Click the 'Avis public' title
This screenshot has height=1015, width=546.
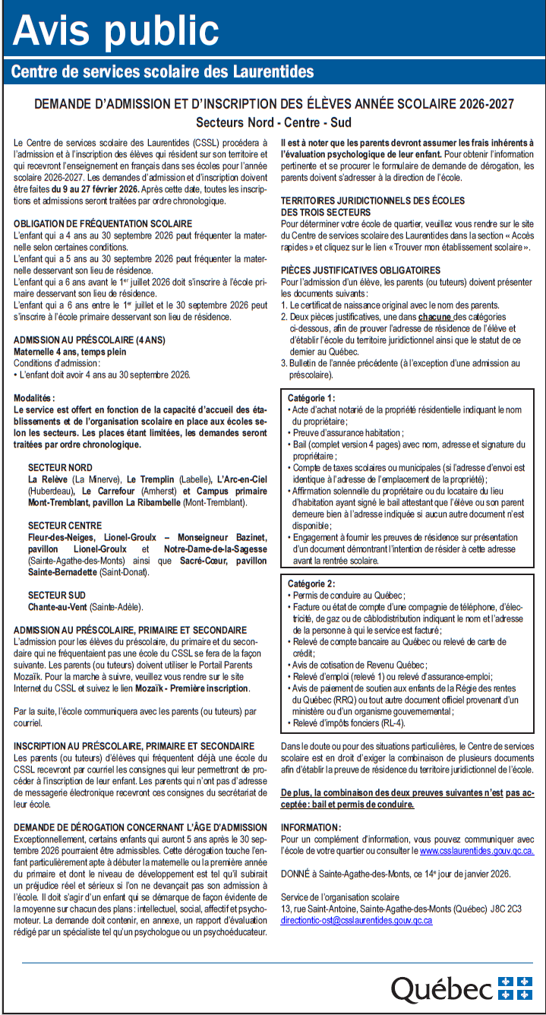[115, 30]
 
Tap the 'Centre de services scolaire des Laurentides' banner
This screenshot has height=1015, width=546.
[163, 72]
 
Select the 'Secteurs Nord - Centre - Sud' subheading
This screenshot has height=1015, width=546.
[273, 122]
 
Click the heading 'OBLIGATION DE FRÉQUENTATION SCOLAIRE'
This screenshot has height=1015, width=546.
[103, 224]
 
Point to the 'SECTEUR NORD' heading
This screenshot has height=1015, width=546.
[60, 467]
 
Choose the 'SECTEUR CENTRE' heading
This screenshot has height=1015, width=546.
[65, 526]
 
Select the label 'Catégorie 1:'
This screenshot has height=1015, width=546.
[311, 398]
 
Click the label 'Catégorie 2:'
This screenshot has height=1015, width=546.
[311, 583]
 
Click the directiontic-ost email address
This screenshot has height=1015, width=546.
[356, 919]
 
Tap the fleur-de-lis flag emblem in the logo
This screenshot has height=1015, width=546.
[515, 988]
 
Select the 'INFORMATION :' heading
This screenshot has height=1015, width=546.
[311, 827]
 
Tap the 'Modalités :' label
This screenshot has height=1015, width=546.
[35, 397]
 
